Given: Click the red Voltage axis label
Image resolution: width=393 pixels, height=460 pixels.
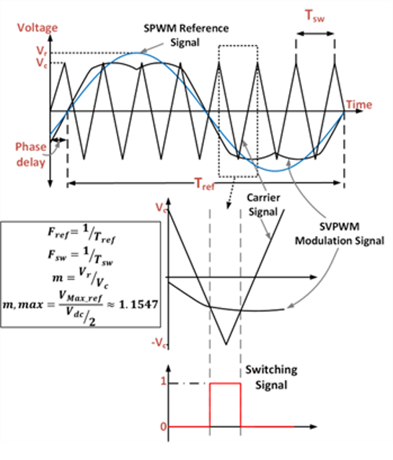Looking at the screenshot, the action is pyautogui.click(x=37, y=27).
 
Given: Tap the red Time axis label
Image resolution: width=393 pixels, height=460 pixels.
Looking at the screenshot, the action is pyautogui.click(x=359, y=104).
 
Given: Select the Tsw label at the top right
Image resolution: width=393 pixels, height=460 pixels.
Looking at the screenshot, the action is pyautogui.click(x=315, y=16).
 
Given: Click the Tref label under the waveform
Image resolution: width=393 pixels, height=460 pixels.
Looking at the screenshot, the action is pyautogui.click(x=205, y=184).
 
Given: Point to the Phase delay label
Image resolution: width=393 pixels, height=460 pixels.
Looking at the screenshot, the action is pyautogui.click(x=31, y=154).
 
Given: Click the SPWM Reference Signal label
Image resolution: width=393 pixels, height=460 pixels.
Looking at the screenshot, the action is pyautogui.click(x=186, y=35).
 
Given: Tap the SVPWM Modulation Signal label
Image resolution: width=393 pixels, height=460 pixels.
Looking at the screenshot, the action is pyautogui.click(x=340, y=233).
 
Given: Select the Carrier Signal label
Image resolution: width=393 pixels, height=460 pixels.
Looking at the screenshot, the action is pyautogui.click(x=263, y=204).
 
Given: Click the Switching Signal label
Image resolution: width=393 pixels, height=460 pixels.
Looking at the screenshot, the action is pyautogui.click(x=271, y=377).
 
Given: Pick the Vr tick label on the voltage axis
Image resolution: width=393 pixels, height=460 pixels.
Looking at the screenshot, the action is pyautogui.click(x=42, y=51).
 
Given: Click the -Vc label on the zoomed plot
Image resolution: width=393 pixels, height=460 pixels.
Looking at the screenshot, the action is pyautogui.click(x=159, y=342).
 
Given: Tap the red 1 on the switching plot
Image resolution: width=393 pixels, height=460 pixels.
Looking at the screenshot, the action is pyautogui.click(x=163, y=381).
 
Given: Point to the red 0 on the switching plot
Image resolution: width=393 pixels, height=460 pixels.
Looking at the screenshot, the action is pyautogui.click(x=164, y=427).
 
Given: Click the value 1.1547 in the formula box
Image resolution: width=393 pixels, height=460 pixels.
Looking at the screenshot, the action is pyautogui.click(x=138, y=305).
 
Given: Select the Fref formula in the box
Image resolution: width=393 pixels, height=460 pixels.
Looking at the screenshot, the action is pyautogui.click(x=81, y=234).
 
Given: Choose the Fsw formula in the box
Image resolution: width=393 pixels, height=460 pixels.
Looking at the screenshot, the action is pyautogui.click(x=81, y=256).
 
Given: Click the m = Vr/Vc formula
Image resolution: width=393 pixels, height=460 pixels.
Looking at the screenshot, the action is pyautogui.click(x=80, y=278).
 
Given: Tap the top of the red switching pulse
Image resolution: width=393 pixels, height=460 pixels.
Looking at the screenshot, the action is pyautogui.click(x=225, y=383).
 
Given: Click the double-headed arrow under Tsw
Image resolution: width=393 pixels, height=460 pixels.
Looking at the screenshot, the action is pyautogui.click(x=315, y=33).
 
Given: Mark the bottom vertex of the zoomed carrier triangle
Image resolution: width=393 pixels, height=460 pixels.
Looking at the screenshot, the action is pyautogui.click(x=226, y=344).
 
